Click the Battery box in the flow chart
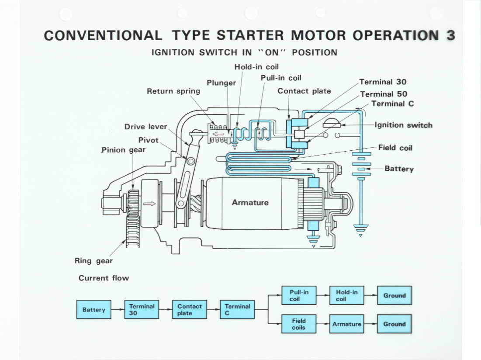(94, 309)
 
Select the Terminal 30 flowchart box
(142, 309)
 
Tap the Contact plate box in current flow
(189, 309)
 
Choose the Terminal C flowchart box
(237, 309)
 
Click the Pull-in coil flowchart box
(298, 295)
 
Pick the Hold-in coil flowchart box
(346, 295)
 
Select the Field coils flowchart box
(298, 324)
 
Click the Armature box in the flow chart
(346, 324)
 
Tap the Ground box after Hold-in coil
(394, 295)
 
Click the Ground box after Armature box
(394, 324)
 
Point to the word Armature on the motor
(250, 202)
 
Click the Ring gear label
(93, 261)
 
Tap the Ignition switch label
(403, 125)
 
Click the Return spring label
(173, 91)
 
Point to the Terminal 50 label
(384, 93)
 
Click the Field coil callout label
(395, 148)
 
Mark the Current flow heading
(104, 278)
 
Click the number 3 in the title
(450, 35)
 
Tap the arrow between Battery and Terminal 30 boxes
(118, 309)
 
